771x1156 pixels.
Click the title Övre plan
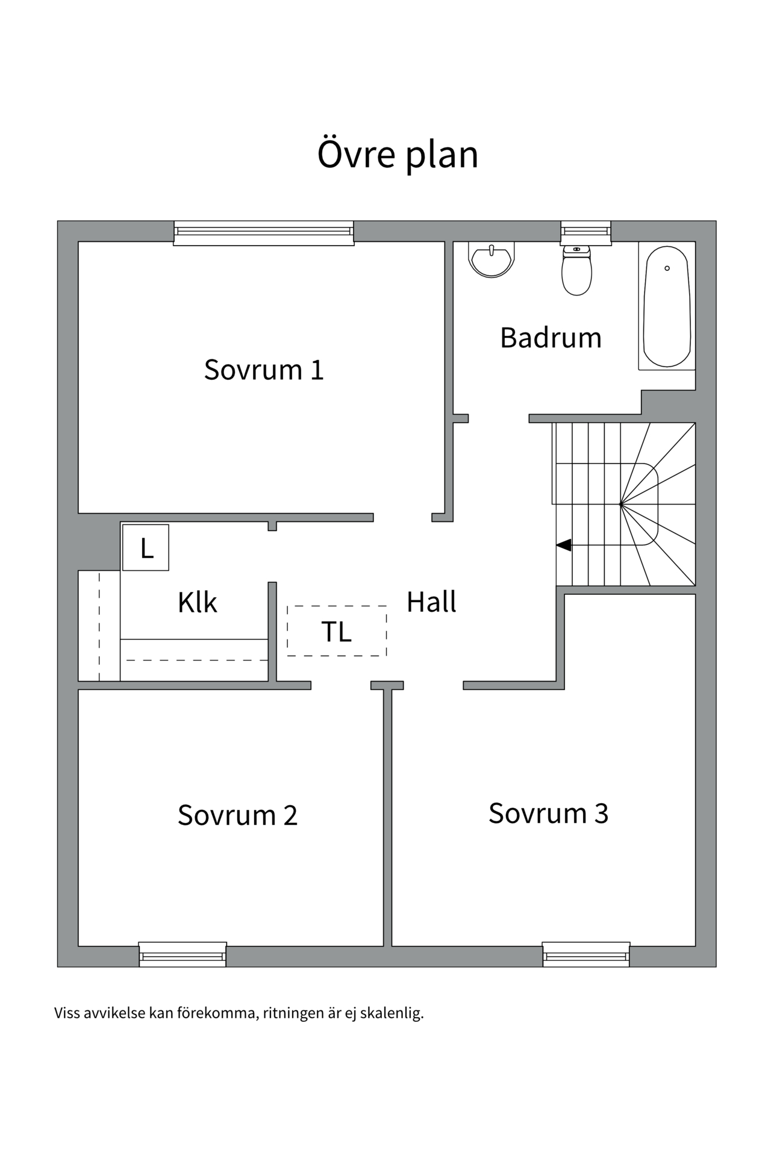(x=398, y=154)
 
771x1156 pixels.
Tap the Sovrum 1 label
(x=264, y=369)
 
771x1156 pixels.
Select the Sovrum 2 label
(x=237, y=815)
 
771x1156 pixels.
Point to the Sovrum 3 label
(x=548, y=813)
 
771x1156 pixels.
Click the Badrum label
(x=551, y=337)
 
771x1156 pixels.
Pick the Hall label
(x=431, y=602)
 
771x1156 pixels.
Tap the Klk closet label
(x=197, y=602)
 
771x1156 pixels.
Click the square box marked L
(x=146, y=548)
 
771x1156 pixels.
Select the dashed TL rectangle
(x=337, y=631)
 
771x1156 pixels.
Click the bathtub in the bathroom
(x=667, y=307)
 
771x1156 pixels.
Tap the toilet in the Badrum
(x=576, y=272)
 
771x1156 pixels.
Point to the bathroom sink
(x=492, y=260)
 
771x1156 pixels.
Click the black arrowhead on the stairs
(x=564, y=545)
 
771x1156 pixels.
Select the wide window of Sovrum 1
(x=264, y=232)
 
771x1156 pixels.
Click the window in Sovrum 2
(x=183, y=954)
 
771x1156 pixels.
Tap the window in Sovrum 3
(x=586, y=954)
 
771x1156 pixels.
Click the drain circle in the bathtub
(x=667, y=268)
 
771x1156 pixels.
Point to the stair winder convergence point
(x=620, y=504)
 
